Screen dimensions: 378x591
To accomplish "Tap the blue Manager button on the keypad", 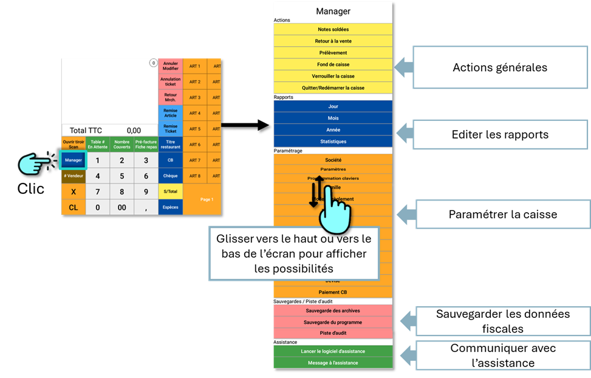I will click(73, 160).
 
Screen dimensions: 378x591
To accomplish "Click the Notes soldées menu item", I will click(333, 29).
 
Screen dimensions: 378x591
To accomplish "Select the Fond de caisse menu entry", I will click(333, 64).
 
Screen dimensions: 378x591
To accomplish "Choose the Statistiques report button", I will click(333, 142).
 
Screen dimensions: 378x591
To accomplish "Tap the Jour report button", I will click(333, 106).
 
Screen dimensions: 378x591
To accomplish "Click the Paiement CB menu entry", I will click(333, 292).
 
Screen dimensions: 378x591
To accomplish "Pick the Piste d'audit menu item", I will click(333, 333).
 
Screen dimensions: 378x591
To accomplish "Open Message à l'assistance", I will click(333, 363).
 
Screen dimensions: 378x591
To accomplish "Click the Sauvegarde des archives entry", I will click(333, 310).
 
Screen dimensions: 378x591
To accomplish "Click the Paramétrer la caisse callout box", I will click(502, 215).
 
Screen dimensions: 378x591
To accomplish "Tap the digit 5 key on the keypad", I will click(121, 176).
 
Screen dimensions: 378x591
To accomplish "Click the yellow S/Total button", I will click(170, 191).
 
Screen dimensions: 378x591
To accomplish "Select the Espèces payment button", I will click(170, 207).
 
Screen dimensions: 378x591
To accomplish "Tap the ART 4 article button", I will click(194, 113).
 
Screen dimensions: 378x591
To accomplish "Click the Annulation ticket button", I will click(170, 81).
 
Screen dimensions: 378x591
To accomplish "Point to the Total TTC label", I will click(86, 130).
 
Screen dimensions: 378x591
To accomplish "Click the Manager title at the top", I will click(333, 11).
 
